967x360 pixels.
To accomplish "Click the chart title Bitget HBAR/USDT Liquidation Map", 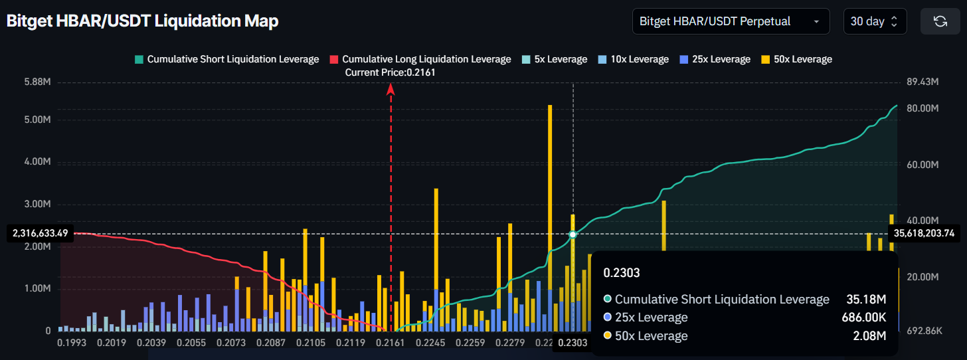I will (x=142, y=21).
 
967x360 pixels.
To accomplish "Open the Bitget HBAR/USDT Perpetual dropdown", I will (x=731, y=21).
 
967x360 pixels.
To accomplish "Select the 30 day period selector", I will (x=874, y=21).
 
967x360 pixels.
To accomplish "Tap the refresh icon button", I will (x=940, y=21).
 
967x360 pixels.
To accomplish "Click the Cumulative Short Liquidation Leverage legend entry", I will (x=226, y=59).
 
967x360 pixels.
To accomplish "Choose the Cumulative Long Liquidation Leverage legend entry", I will (x=420, y=59).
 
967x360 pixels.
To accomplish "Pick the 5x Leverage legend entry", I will (x=555, y=59).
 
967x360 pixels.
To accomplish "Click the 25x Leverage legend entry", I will (x=715, y=59).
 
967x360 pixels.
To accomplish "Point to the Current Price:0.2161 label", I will (x=391, y=72).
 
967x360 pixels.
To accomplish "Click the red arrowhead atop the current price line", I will (x=391, y=88).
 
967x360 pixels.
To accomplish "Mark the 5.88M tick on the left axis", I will (x=37, y=82).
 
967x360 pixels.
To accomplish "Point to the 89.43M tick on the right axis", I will (x=922, y=82).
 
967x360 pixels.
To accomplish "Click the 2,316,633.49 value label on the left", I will (x=40, y=233).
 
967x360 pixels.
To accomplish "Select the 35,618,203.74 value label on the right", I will (x=924, y=233).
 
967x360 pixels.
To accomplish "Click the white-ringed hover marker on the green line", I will (x=573, y=234).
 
